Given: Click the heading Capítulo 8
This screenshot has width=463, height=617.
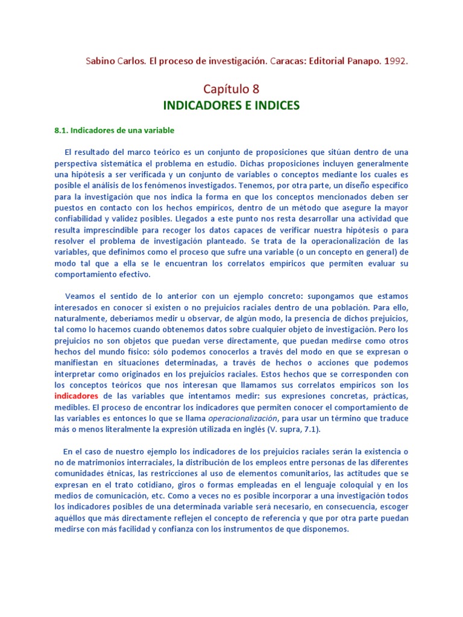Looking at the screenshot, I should pyautogui.click(x=231, y=89).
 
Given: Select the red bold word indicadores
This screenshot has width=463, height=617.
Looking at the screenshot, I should pyautogui.click(x=76, y=396).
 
